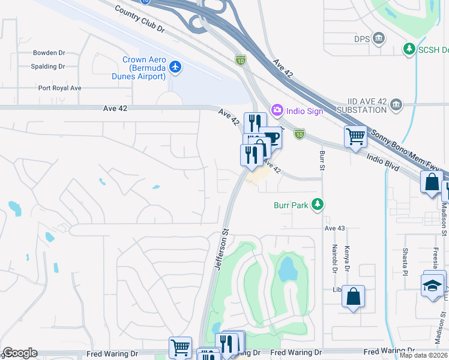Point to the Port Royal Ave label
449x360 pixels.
point(59,88)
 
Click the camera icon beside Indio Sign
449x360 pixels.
point(277,110)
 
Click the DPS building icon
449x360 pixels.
point(379,40)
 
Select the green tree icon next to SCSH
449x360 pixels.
point(409,48)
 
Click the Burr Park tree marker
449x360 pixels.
point(317,205)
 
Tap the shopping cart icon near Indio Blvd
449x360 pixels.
point(355,137)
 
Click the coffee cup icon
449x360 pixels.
point(272,137)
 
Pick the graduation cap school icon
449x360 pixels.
point(433,284)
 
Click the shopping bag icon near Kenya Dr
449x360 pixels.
point(354,296)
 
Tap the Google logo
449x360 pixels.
point(20,353)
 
